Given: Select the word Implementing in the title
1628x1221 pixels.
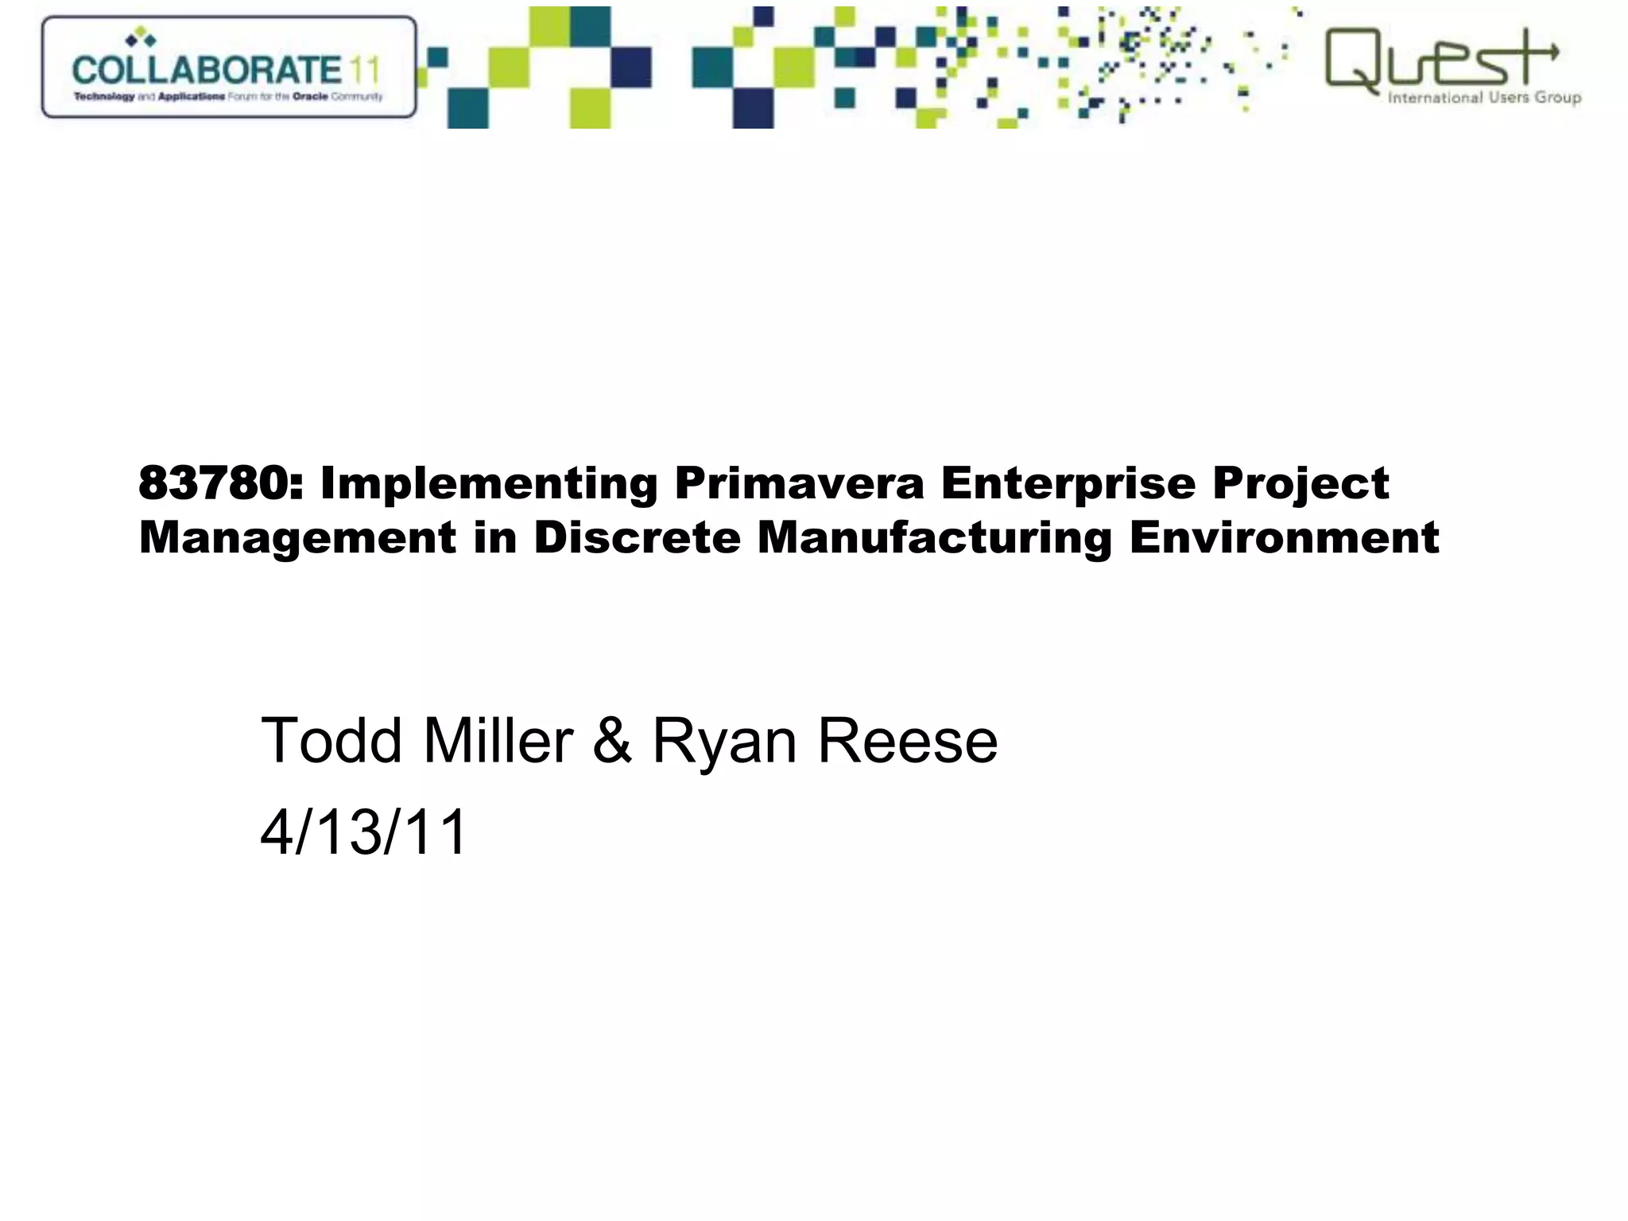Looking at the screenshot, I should coord(488,483).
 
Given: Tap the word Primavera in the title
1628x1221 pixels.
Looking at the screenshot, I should coord(799,483).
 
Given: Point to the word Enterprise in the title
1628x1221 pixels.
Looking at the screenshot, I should coord(1068,483).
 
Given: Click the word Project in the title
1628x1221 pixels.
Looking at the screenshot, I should coord(1300,483).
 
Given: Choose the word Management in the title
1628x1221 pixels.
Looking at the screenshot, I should coord(298,538).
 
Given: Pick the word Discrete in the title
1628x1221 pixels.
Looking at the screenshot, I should coord(637,538).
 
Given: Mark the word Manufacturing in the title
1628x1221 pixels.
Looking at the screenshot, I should coord(934,538).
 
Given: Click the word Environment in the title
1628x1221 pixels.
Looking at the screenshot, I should coord(1284,538).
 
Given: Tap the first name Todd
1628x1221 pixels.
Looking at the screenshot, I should coord(331,741).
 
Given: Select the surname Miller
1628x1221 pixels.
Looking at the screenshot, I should coord(498,741).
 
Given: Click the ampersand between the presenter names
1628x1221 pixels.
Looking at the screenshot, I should coord(612,741).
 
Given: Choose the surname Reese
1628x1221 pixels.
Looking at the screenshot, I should coord(907,741).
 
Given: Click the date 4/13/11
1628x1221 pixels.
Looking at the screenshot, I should coord(364,832).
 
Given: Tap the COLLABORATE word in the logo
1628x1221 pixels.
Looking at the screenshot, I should coord(207,70).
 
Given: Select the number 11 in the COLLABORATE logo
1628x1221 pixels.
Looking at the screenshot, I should coord(364,70).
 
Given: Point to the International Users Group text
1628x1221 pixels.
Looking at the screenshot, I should coord(1483,98).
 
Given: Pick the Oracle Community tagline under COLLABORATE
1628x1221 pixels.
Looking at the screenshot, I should coord(228,97).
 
